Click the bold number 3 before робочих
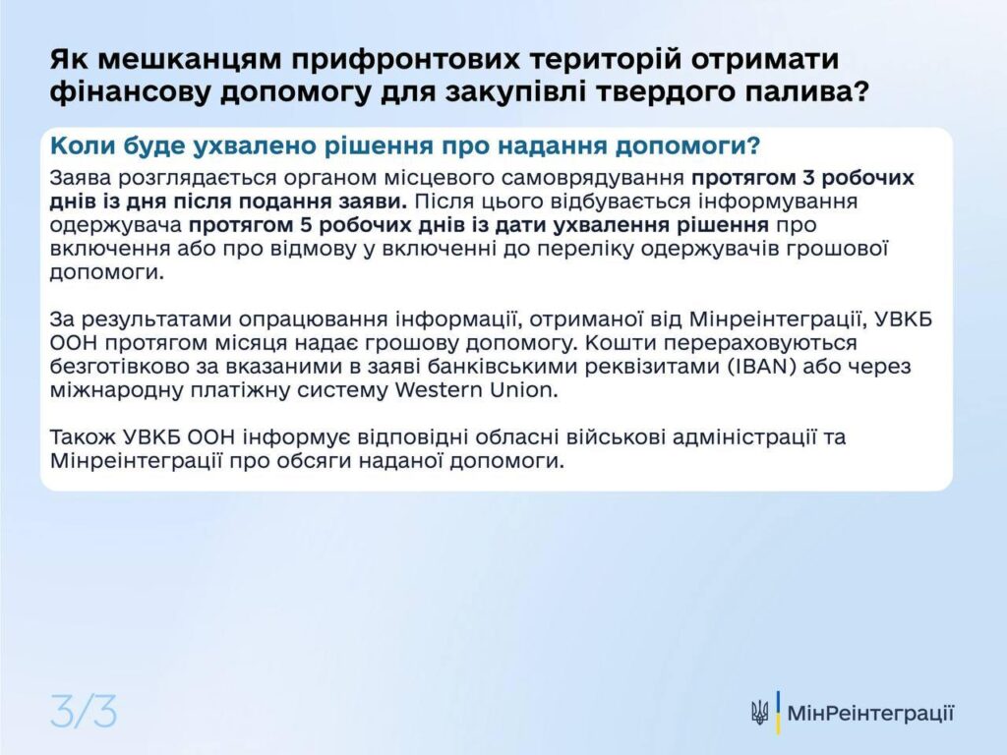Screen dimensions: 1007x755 coord(809,178)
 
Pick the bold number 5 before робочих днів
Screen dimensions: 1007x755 coord(307,225)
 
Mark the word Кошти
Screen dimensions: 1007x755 coord(621,343)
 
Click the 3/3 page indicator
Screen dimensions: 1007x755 coord(84,712)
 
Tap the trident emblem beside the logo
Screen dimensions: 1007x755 coord(760,714)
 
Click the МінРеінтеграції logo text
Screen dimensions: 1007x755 coord(870,714)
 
